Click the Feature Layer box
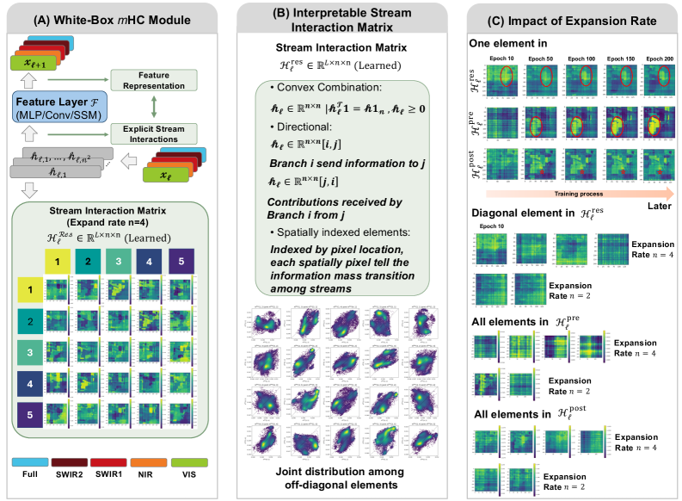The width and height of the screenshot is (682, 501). click(53, 106)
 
